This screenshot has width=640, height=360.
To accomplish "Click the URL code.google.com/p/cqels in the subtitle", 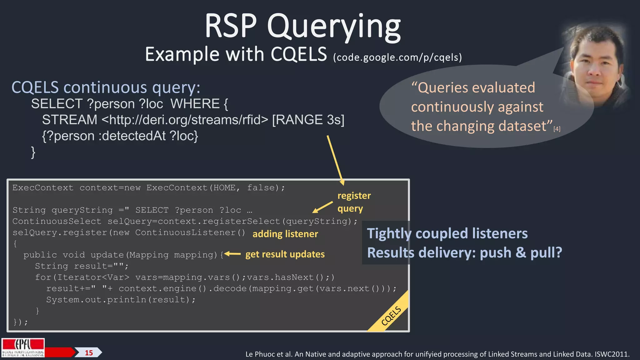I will click(397, 57).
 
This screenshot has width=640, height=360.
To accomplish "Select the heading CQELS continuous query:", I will click(106, 87).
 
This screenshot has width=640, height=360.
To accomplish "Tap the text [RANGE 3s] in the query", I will click(308, 120).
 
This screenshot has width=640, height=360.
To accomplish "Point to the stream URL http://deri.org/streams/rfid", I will click(185, 120).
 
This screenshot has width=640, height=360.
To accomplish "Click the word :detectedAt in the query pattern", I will click(132, 136).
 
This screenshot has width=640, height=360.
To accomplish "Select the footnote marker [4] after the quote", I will click(557, 129).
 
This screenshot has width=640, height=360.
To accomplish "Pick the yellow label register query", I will click(354, 202).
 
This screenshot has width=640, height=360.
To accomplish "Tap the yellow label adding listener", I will click(285, 234).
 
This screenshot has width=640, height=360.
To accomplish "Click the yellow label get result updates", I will click(285, 254).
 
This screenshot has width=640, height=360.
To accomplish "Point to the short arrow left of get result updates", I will click(232, 254).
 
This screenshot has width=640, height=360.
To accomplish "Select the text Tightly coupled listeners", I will click(447, 234).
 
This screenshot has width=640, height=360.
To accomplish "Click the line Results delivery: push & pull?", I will click(464, 252).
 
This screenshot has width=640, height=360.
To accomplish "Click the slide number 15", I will click(89, 353).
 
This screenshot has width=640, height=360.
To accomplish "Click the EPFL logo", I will click(23, 347).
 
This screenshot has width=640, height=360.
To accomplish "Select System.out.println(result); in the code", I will click(121, 300).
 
